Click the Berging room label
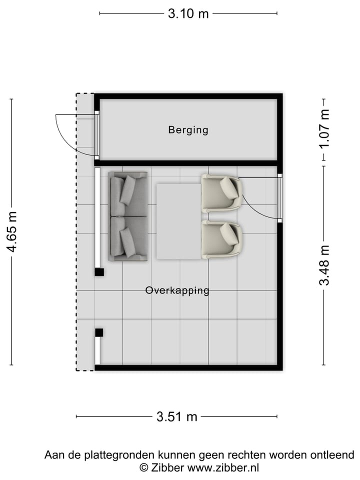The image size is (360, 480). tap(188, 130)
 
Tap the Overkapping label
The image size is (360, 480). tap(177, 290)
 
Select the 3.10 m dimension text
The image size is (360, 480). tap(188, 13)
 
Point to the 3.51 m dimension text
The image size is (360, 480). tap(177, 416)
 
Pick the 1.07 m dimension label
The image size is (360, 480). tap(325, 128)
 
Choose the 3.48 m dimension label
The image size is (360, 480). tap(325, 265)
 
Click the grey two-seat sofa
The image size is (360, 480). tap(128, 216)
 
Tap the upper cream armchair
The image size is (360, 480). tap(222, 193)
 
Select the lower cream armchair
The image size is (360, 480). tap(222, 240)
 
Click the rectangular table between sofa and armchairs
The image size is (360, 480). tap(178, 221)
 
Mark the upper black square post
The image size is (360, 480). tap(99, 272)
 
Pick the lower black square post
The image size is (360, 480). tap(99, 332)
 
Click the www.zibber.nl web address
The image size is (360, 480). tap(223, 468)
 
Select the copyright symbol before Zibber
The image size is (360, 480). tap(144, 468)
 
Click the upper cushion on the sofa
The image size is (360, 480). tap(128, 189)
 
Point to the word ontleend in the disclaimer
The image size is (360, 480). tap(334, 455)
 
